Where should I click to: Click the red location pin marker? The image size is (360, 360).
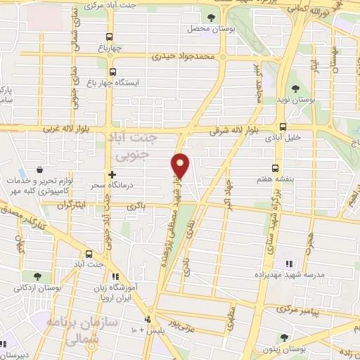point(181,166)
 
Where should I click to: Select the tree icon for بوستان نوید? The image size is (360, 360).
point(296,89)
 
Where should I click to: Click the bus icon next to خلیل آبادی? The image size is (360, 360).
point(283,127)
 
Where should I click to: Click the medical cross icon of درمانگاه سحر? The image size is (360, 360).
point(111,174)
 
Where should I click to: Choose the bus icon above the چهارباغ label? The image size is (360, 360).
point(108,37)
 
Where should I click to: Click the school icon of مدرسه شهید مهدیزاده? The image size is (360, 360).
point(288,264)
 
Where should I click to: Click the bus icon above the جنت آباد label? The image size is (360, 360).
point(89,254)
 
